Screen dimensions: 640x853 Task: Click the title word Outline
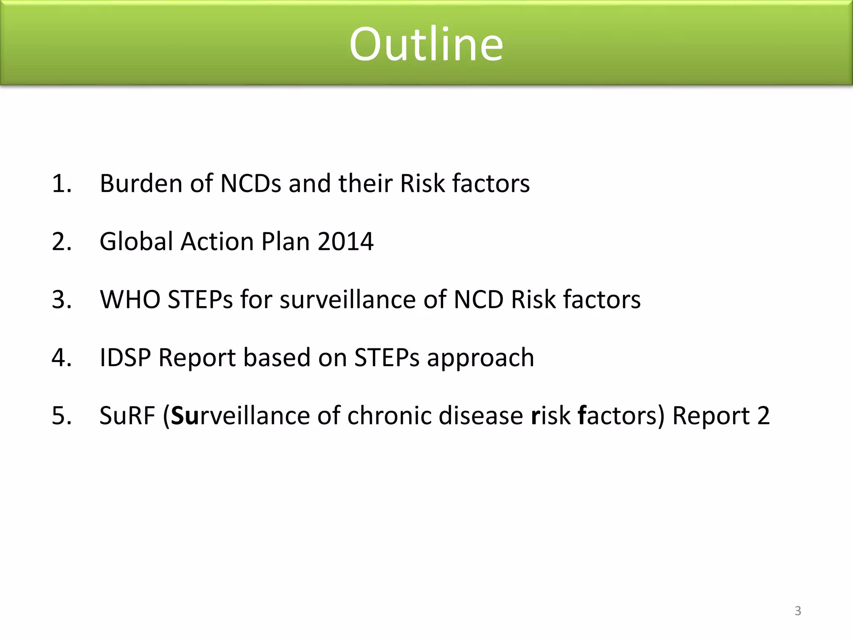[426, 44]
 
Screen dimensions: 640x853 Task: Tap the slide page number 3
[798, 611]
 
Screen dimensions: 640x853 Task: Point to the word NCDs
[251, 183]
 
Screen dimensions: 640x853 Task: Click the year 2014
[345, 241]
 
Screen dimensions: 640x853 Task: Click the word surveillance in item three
[348, 299]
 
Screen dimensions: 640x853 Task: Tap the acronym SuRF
[127, 415]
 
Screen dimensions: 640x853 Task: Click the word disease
[481, 415]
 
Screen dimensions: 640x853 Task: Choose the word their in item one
[365, 183]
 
